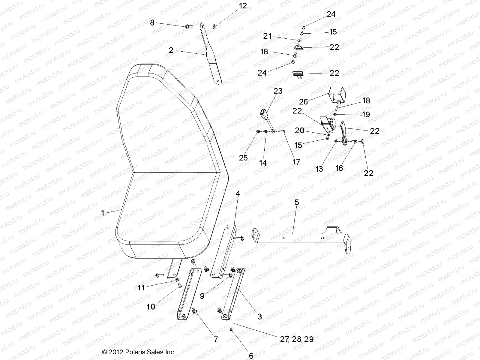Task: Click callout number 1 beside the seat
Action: [x=103, y=213]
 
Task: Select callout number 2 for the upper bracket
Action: [x=171, y=50]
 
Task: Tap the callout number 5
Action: [x=297, y=202]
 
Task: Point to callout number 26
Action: [x=303, y=101]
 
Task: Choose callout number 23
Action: [x=278, y=91]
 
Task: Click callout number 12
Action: [x=243, y=6]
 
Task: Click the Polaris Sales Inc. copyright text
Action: [x=139, y=352]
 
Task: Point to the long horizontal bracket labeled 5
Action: [x=300, y=238]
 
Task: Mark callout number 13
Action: [x=319, y=169]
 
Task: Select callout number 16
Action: [x=339, y=168]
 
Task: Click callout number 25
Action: [x=243, y=157]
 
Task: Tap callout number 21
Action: [x=267, y=36]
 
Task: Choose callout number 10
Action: [x=151, y=307]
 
